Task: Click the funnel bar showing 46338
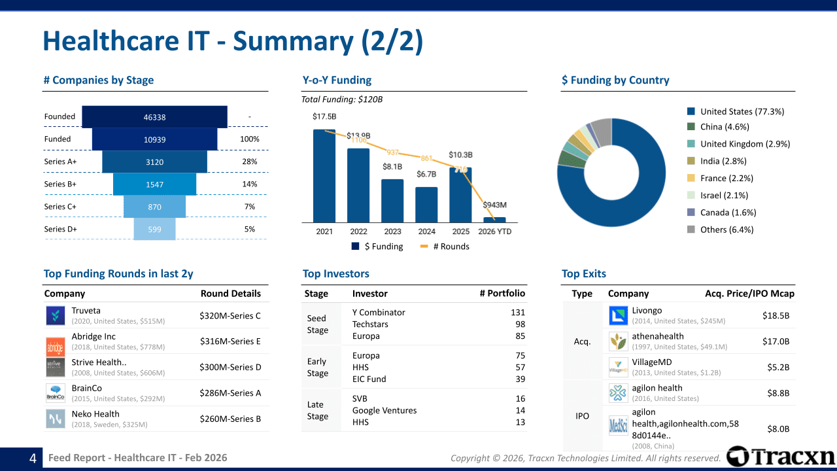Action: coord(154,117)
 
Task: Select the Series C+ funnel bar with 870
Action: coord(154,207)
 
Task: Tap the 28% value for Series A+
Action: coord(249,162)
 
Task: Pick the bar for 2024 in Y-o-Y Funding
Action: coord(426,205)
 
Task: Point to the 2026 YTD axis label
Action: coord(495,232)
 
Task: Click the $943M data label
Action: coord(494,205)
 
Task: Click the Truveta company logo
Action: coord(56,316)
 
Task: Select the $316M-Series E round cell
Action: coord(230,341)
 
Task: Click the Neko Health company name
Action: coord(95,414)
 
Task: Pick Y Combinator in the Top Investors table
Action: coord(379,313)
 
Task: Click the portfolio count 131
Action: coord(518,313)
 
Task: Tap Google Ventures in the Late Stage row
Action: coord(384,411)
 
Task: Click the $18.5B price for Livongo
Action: coord(776,316)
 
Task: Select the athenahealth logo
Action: coord(619,341)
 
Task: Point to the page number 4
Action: coord(33,459)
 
